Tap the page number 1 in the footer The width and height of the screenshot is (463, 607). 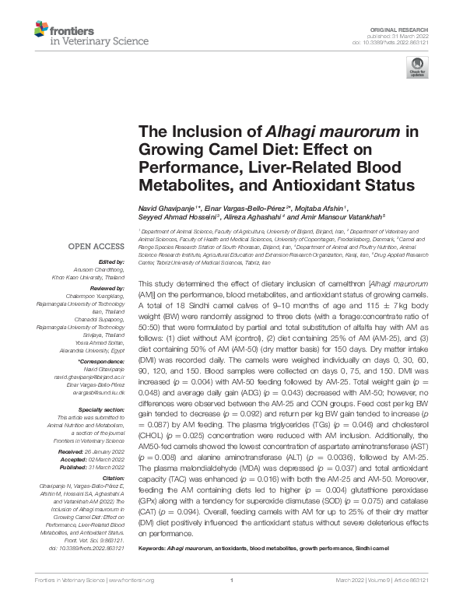[x=232, y=601]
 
